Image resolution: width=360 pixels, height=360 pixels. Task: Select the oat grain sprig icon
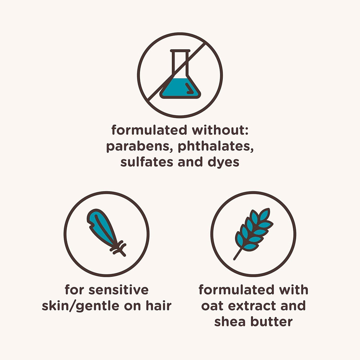click(x=253, y=233)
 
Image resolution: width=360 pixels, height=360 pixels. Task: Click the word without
click(x=220, y=130)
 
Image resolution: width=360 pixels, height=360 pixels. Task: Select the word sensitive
click(x=118, y=290)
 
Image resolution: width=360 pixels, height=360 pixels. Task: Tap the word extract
click(x=252, y=306)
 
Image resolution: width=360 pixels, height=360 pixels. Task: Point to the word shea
click(x=230, y=321)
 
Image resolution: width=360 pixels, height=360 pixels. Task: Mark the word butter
click(x=271, y=321)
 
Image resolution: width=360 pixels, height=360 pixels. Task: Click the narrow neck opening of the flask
click(x=180, y=51)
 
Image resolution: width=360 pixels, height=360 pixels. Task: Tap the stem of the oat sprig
click(x=238, y=254)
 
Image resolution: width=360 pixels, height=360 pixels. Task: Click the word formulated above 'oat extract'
click(x=236, y=290)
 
